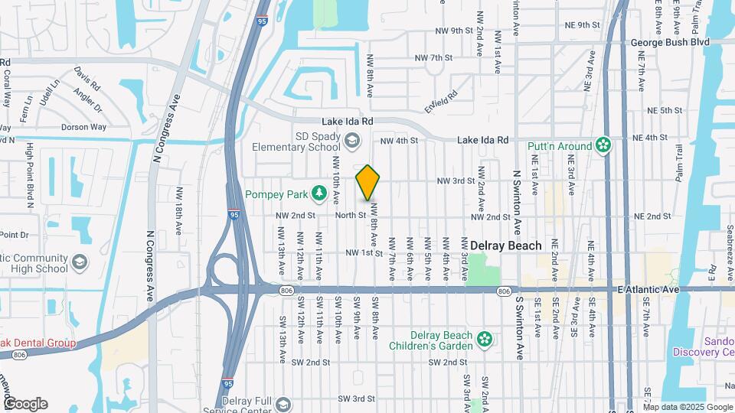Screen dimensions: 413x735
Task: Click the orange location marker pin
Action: click(367, 183)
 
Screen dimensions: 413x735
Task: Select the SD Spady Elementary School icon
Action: click(351, 140)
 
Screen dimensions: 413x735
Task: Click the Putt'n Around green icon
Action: click(604, 145)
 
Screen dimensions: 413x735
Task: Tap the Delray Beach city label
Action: click(506, 246)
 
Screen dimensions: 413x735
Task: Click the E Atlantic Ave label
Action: click(648, 290)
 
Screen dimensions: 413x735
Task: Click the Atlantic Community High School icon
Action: click(79, 263)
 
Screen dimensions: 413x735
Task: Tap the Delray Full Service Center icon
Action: click(283, 404)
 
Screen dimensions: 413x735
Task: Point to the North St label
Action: click(350, 216)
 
